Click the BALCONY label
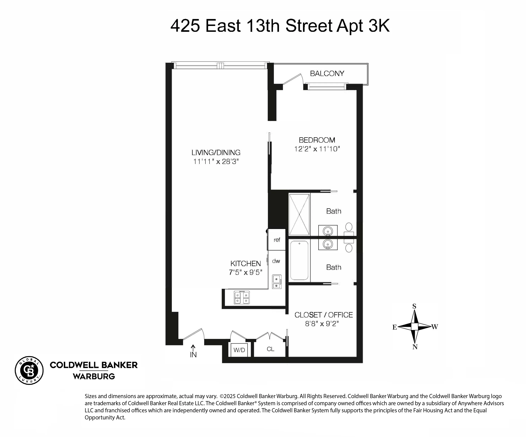(327, 73)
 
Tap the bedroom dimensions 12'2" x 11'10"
(317, 149)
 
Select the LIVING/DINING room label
(216, 153)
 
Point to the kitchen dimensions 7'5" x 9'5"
(245, 272)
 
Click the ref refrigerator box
(277, 240)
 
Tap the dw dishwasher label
(276, 261)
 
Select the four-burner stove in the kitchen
(242, 298)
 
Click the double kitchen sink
(277, 282)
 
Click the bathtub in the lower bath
(299, 260)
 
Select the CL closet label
(270, 349)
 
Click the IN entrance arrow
(193, 352)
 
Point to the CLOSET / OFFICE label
(323, 315)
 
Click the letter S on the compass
(414, 306)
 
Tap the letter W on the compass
(435, 327)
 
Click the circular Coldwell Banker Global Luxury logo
(29, 370)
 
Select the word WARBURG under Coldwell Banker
(94, 376)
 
